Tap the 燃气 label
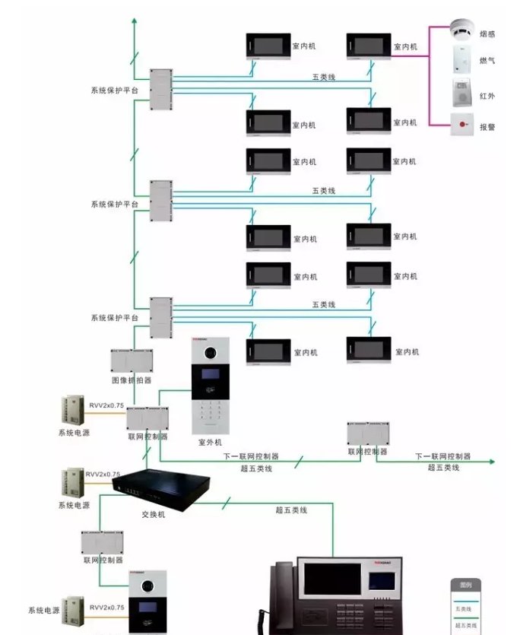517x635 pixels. coord(487,60)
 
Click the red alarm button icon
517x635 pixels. coord(461,123)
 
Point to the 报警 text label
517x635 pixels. coord(487,127)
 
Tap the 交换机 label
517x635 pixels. coord(153,514)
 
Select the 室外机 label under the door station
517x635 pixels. coord(210,442)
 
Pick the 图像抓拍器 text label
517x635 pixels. coord(132,379)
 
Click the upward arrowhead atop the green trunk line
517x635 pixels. coord(134,20)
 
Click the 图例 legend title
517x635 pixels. coord(465,586)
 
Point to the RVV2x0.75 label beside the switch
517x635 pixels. coord(103,475)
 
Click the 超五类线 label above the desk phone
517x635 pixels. coord(291,510)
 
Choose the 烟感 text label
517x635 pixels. coord(487,34)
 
